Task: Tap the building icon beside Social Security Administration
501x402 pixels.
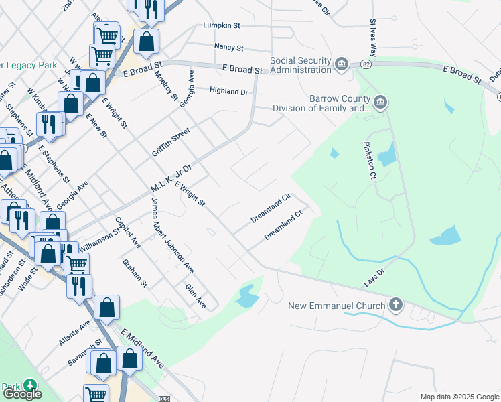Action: tap(342, 64)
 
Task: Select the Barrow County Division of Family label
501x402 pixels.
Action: tap(339, 103)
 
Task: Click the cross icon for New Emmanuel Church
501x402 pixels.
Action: tap(396, 306)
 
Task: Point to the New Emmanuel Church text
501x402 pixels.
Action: tap(336, 306)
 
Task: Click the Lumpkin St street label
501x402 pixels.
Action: tap(222, 26)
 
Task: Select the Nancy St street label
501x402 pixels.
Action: tap(228, 48)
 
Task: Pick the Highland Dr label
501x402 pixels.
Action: tap(228, 90)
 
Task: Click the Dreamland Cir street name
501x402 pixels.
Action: tap(269, 208)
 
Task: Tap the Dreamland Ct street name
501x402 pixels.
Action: tap(283, 226)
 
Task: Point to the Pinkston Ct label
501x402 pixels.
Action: tap(369, 160)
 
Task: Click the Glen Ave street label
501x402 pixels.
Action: tap(196, 295)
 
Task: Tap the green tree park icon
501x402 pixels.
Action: tap(29, 385)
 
